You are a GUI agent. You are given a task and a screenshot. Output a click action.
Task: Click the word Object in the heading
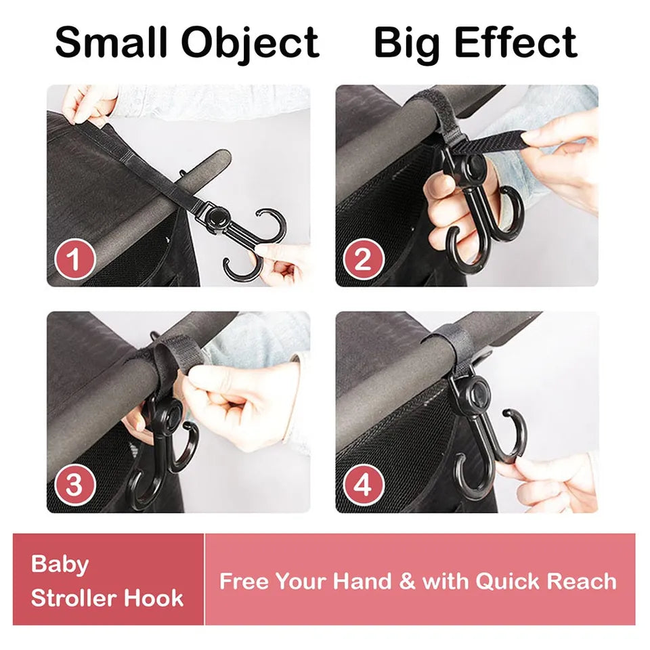[251, 45]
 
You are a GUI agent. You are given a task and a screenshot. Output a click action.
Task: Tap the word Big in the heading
[407, 45]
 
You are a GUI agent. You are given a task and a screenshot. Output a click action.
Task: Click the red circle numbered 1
[75, 259]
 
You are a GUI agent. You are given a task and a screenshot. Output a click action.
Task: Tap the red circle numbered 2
[364, 259]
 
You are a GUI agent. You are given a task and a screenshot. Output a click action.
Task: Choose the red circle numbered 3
[75, 485]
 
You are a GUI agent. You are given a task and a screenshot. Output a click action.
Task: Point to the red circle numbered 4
[364, 485]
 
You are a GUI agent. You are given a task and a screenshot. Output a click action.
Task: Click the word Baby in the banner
[60, 565]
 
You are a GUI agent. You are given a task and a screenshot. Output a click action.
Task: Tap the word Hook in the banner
[154, 598]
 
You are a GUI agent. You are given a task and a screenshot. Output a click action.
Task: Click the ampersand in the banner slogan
[407, 581]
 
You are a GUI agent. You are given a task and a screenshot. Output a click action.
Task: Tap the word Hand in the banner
[362, 581]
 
